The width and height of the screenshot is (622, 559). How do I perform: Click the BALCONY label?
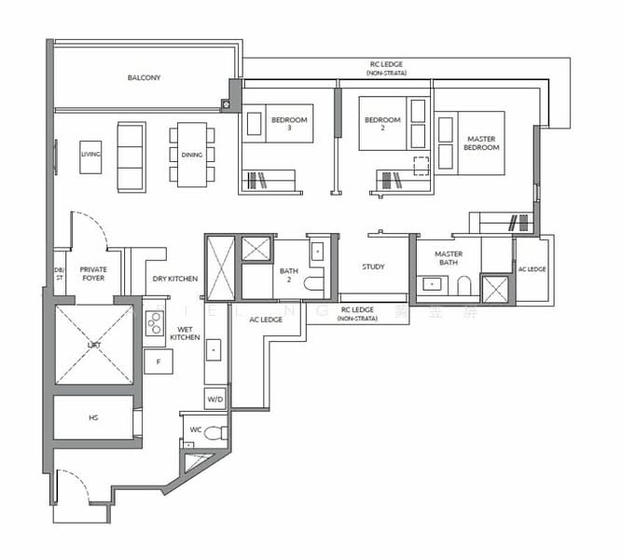[144, 77]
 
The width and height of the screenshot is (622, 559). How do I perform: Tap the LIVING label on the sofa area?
[90, 154]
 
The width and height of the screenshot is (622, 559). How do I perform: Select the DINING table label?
[191, 156]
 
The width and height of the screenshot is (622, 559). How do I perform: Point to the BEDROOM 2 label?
[382, 125]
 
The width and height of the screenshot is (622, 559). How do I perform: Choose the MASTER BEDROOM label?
[481, 143]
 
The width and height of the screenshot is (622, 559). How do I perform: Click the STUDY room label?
[373, 266]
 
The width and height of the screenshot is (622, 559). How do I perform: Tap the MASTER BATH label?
[448, 259]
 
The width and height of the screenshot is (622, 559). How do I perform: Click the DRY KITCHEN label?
[173, 279]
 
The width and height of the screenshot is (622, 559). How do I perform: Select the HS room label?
[93, 417]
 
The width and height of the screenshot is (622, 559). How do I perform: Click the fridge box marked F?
[159, 360]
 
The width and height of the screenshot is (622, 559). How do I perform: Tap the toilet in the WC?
[214, 433]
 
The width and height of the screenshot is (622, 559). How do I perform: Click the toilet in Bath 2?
[313, 285]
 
